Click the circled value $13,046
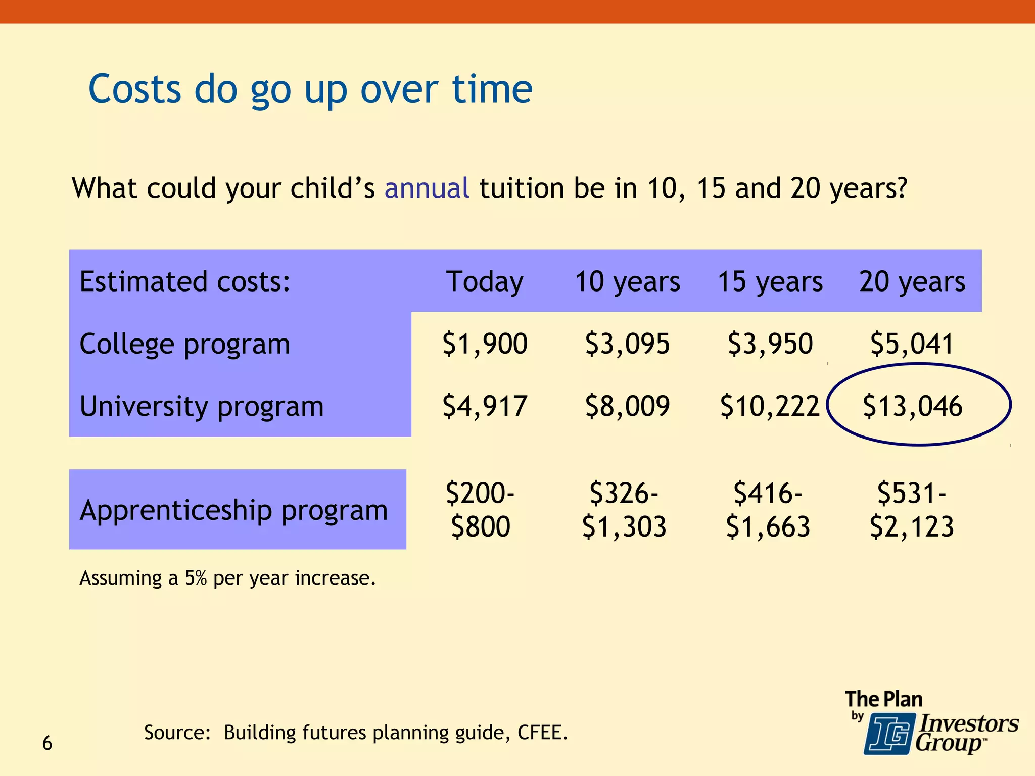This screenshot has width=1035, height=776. pos(912,406)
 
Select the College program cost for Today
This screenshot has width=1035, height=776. pos(485,344)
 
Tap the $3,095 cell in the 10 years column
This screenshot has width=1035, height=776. pos(627,344)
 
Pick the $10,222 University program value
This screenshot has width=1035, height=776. pos(769,406)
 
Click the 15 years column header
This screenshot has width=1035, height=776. pos(770,282)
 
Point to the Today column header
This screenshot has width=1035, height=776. pos(485,282)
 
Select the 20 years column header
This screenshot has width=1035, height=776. pos(912,282)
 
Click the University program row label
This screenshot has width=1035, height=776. pos(201,406)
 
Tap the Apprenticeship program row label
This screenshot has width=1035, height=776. pos(233,510)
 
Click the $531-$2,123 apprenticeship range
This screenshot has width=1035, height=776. pos(912,509)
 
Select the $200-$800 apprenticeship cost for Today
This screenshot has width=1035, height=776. pos(480,509)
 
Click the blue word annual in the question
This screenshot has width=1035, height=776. pos(427,188)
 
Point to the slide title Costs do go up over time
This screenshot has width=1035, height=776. pos(310,89)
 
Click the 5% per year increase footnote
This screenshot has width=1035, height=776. pos(227,578)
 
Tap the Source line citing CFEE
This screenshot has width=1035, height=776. pos(356,733)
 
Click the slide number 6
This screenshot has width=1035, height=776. pos(47,743)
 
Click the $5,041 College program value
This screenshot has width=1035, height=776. pos(912,344)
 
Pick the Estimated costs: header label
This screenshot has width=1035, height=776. pos(185,282)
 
